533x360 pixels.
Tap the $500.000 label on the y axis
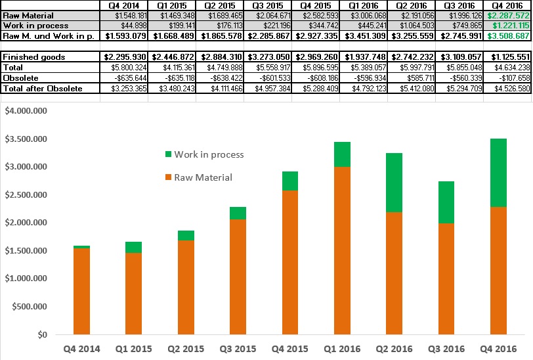coord(29,307)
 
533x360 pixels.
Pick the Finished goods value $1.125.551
coord(507,57)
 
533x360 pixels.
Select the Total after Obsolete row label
coord(43,88)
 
